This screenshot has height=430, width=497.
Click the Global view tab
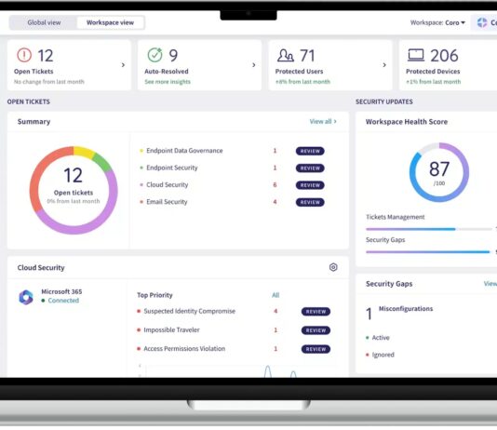pyautogui.click(x=44, y=22)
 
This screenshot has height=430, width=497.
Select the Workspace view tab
pyautogui.click(x=110, y=22)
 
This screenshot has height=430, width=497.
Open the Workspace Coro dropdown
pyautogui.click(x=437, y=22)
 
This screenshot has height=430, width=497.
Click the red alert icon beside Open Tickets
pyautogui.click(x=24, y=55)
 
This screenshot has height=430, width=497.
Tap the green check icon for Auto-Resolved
pyautogui.click(x=155, y=55)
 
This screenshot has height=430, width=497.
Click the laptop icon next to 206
pyautogui.click(x=415, y=55)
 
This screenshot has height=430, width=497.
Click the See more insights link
pyautogui.click(x=168, y=82)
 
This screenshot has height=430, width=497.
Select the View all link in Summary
pyautogui.click(x=323, y=121)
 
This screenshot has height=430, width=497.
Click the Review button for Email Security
pyautogui.click(x=310, y=202)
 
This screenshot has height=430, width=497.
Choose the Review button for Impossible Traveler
pyautogui.click(x=316, y=330)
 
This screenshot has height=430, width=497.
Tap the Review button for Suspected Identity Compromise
pyautogui.click(x=316, y=312)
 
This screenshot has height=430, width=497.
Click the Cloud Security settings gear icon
pyautogui.click(x=333, y=267)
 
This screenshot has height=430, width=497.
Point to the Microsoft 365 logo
pyautogui.click(x=26, y=297)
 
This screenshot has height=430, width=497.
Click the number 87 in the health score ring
pyautogui.click(x=439, y=168)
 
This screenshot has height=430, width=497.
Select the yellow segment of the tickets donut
pyautogui.click(x=84, y=151)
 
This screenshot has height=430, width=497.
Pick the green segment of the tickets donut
pyautogui.click(x=102, y=162)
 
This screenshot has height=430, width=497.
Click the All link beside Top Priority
pyautogui.click(x=275, y=295)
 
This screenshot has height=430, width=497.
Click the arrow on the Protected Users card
pyautogui.click(x=384, y=65)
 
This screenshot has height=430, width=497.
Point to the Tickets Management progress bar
pyautogui.click(x=429, y=229)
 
